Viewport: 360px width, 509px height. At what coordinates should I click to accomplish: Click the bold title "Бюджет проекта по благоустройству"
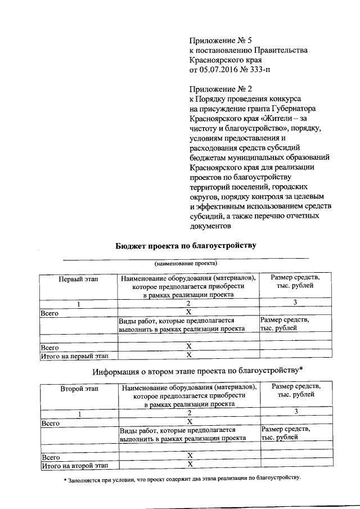pyautogui.click(x=186, y=245)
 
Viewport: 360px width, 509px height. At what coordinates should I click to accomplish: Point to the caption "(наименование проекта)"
pyautogui.click(x=186, y=263)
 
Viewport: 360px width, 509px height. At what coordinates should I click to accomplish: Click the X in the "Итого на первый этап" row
pyautogui.click(x=190, y=355)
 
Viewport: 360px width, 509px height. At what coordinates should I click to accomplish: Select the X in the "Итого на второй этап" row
pyautogui.click(x=190, y=465)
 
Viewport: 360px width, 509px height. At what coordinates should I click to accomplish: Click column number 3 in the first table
pyautogui.click(x=295, y=303)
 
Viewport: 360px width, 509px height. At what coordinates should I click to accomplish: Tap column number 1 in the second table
pyautogui.click(x=79, y=413)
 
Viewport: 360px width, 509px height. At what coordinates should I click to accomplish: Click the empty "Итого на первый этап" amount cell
pyautogui.click(x=295, y=355)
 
